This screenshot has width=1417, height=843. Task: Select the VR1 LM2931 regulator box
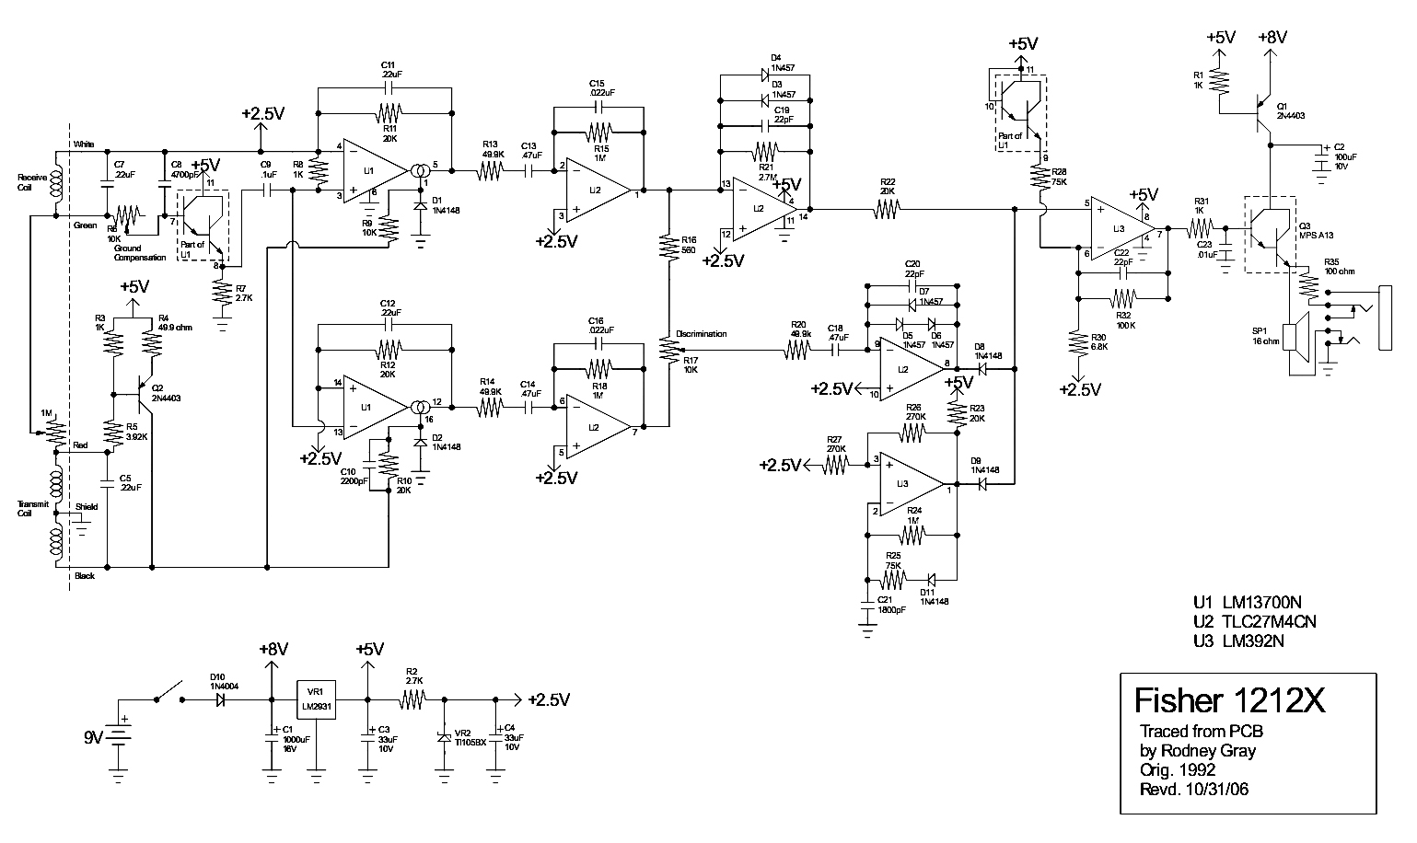[315, 700]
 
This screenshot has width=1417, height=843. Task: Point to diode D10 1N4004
[222, 700]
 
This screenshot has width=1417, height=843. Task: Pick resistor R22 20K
[887, 210]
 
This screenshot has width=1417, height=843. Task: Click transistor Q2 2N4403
[143, 391]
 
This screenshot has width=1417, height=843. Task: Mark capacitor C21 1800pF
[866, 605]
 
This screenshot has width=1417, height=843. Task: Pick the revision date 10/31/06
[1220, 789]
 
